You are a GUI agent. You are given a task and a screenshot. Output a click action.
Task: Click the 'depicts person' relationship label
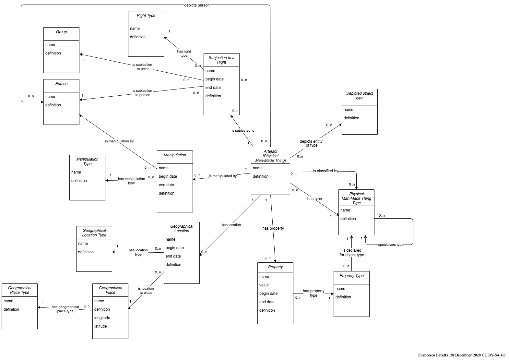pos(197,5)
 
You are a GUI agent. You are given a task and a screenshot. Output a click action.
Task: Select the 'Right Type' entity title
pos(146,16)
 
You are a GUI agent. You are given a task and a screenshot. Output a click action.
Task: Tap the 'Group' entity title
pos(61,31)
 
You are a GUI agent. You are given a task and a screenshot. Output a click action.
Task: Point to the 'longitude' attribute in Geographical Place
pos(102,318)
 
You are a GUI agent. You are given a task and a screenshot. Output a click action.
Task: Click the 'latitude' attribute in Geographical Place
pos(101,326)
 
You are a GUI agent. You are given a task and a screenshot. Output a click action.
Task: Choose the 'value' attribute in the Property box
pos(264,285)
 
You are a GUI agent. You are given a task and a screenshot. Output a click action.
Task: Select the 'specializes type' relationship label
pos(391,245)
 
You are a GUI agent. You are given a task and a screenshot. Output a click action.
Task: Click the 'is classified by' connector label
pos(326,171)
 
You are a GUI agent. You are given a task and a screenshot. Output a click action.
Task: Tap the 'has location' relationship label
pos(231,225)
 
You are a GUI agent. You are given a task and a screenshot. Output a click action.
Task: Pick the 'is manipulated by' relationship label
pos(223,176)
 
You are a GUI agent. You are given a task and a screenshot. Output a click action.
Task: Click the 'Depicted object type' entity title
pos(360,96)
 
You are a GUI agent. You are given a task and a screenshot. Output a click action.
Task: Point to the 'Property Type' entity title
pos(351,276)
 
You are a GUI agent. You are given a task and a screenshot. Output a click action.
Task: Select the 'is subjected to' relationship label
pos(243,130)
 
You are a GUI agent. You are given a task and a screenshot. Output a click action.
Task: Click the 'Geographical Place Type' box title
pos(19,290)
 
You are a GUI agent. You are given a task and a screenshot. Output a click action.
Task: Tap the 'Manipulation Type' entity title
pos(87,162)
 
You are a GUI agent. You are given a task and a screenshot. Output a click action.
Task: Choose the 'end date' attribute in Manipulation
pos(166,185)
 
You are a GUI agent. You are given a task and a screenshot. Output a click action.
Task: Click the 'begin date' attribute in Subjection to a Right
pos(215,79)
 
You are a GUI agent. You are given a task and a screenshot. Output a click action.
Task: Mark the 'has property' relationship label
pos(273,228)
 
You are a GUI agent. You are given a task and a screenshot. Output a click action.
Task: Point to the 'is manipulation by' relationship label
pos(119,141)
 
